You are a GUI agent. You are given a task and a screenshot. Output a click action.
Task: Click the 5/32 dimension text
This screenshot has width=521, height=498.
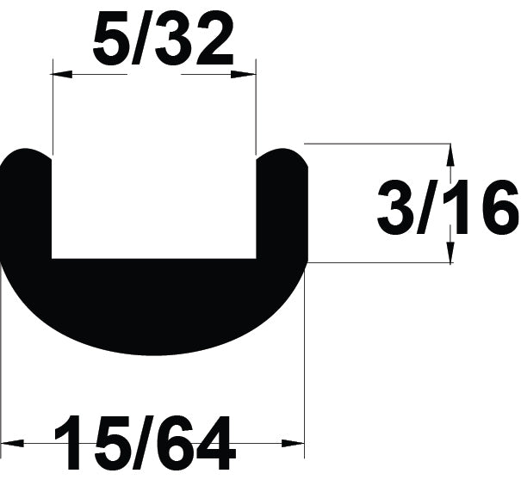[163, 41]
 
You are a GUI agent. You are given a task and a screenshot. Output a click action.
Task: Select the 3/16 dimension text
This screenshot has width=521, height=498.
[448, 207]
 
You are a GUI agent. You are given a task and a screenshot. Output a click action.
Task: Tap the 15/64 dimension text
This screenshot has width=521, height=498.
[145, 444]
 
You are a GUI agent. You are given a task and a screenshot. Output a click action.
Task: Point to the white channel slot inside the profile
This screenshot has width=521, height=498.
[154, 206]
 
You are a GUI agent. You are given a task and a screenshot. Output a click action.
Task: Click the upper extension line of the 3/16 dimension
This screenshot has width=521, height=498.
[379, 144]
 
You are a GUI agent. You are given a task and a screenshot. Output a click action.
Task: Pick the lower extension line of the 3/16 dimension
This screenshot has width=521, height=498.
[379, 263]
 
